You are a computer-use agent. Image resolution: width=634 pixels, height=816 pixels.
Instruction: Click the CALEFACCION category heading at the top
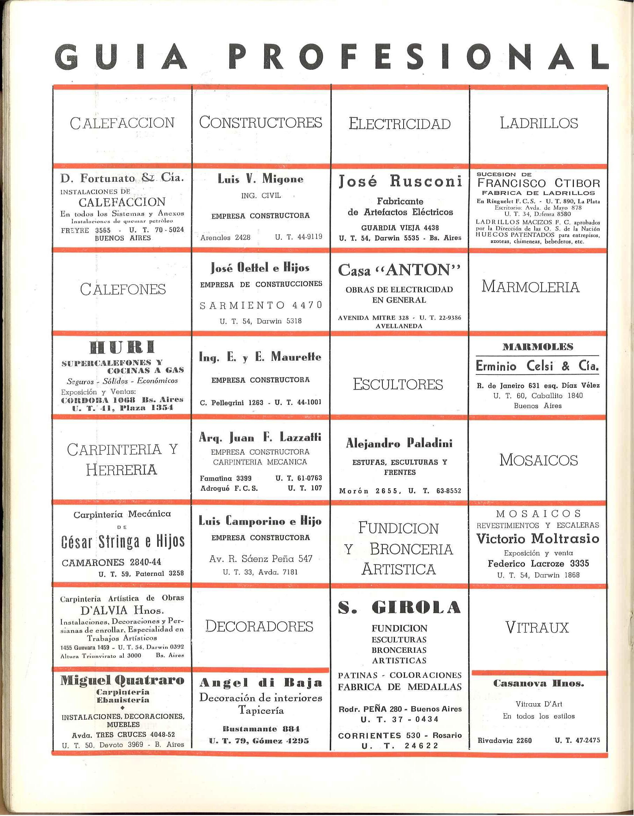122,123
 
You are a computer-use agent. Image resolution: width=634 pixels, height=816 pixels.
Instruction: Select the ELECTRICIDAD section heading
399,124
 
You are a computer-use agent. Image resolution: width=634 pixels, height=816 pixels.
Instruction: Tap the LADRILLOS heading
538,123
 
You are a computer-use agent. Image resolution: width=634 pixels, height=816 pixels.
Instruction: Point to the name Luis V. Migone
261,179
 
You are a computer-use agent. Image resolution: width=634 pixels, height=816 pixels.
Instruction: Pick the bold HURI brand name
122,347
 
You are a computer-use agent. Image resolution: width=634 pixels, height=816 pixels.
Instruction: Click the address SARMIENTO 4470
261,305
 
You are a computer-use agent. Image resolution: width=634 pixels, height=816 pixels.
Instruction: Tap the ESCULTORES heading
398,384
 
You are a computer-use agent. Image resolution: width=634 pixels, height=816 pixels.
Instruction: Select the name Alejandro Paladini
399,443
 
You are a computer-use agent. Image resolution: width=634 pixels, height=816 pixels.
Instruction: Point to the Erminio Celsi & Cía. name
537,366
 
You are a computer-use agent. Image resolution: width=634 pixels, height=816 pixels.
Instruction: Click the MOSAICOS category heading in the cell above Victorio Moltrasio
538,460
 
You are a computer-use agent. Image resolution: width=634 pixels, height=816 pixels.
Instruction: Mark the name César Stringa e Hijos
123,541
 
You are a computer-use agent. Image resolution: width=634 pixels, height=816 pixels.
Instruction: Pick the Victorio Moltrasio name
538,538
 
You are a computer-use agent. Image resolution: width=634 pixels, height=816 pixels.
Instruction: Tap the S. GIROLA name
399,608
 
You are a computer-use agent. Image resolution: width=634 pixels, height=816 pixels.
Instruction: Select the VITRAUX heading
537,627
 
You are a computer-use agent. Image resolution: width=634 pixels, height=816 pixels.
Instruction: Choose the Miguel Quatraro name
122,680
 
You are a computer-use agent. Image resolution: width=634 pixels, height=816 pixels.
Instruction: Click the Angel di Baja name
261,683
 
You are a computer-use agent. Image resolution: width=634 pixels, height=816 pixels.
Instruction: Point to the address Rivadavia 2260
504,740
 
